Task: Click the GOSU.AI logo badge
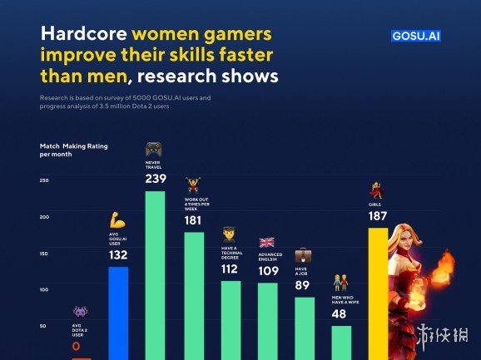417,37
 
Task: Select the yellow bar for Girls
378,291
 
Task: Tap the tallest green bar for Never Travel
155,274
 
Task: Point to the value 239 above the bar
155,178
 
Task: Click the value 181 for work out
193,220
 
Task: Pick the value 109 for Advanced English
267,271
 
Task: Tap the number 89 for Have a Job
304,285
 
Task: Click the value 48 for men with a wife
340,314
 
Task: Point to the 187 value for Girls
377,216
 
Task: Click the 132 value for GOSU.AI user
118,255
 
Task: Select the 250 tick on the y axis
44,180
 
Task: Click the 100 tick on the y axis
44,289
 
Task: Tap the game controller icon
154,150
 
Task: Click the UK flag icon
267,243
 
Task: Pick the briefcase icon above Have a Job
304,254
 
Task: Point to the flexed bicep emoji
117,220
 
